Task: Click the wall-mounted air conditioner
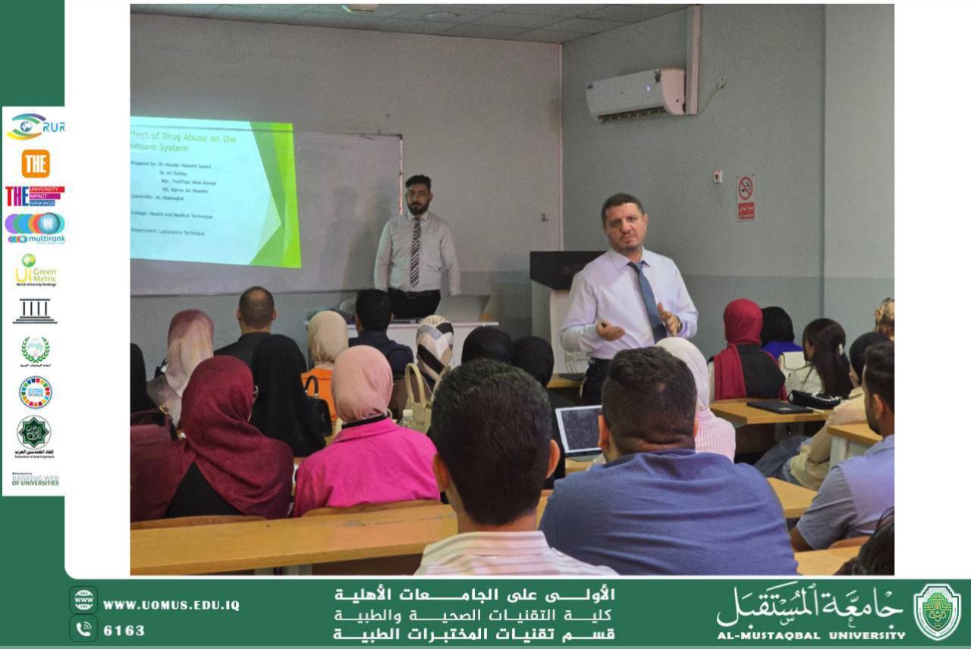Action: click(635, 94)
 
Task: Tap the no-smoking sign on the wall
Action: click(746, 198)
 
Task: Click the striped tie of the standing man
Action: click(415, 251)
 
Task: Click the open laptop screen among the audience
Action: click(580, 430)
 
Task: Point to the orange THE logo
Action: click(35, 164)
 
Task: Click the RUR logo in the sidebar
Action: click(35, 127)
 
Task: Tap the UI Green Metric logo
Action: click(35, 271)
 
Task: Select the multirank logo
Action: click(35, 227)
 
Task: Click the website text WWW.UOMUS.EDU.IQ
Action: click(171, 605)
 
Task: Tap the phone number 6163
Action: click(124, 630)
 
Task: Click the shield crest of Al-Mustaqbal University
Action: click(937, 612)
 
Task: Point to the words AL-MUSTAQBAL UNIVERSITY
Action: click(811, 635)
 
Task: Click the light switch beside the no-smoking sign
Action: click(717, 177)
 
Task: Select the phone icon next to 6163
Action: click(83, 629)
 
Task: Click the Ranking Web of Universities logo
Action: click(35, 480)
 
